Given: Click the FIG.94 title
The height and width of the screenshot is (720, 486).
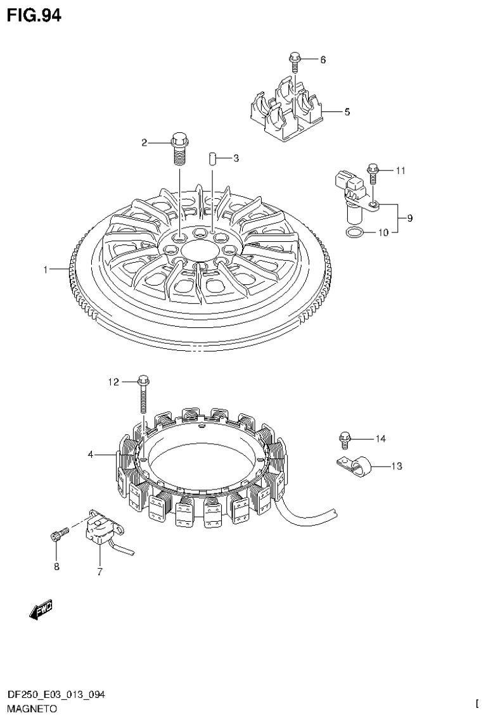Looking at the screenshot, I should pyautogui.click(x=34, y=16).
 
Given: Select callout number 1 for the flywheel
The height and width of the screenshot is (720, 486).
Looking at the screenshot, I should pyautogui.click(x=46, y=270).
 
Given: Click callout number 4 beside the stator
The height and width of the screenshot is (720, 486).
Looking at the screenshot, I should pyautogui.click(x=91, y=454).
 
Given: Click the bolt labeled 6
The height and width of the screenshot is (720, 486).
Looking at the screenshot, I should pyautogui.click(x=294, y=60).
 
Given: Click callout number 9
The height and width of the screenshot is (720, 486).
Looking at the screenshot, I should pyautogui.click(x=410, y=218).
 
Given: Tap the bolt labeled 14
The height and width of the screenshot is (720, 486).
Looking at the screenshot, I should pyautogui.click(x=345, y=437).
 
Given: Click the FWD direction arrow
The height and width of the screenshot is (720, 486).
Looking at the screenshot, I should pyautogui.click(x=42, y=609).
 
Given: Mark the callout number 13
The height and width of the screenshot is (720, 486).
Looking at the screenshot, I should pyautogui.click(x=396, y=467).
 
